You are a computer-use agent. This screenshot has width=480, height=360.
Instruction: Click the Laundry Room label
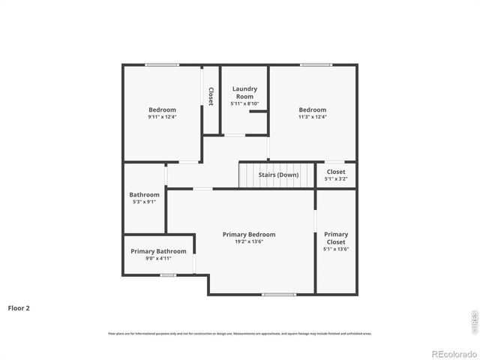pyautogui.click(x=244, y=92)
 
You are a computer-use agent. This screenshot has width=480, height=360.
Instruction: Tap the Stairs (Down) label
pyautogui.click(x=278, y=175)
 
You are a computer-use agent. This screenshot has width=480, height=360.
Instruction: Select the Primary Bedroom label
pyautogui.click(x=248, y=234)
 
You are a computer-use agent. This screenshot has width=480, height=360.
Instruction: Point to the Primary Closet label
pyautogui.click(x=336, y=238)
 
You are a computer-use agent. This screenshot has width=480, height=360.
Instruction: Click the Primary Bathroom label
pyautogui.click(x=158, y=251)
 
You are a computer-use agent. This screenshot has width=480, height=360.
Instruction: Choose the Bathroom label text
pyautogui.click(x=144, y=194)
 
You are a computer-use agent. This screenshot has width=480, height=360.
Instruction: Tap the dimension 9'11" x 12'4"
pyautogui.click(x=162, y=117)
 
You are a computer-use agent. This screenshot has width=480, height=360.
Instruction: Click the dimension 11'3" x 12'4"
pyautogui.click(x=312, y=117)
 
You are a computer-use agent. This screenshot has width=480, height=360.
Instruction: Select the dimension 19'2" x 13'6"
pyautogui.click(x=248, y=241)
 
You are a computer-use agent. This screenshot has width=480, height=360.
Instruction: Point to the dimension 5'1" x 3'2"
pyautogui.click(x=335, y=179)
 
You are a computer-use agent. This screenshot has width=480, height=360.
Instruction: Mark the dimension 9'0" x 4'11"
pyautogui.click(x=158, y=259)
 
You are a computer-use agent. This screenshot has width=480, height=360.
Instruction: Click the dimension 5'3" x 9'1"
pyautogui.click(x=144, y=202)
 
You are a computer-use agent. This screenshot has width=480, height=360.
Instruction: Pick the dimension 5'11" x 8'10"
pyautogui.click(x=244, y=103)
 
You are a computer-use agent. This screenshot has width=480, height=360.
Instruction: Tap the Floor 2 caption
pyautogui.click(x=19, y=307)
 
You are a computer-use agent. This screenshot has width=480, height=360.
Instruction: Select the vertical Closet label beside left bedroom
pyautogui.click(x=211, y=96)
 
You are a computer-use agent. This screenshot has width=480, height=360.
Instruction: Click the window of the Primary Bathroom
pyautogui.click(x=168, y=275)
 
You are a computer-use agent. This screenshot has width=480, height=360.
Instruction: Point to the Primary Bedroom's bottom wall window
pyautogui.click(x=278, y=294)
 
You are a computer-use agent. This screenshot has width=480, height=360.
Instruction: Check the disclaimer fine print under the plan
pyautogui.click(x=239, y=333)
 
